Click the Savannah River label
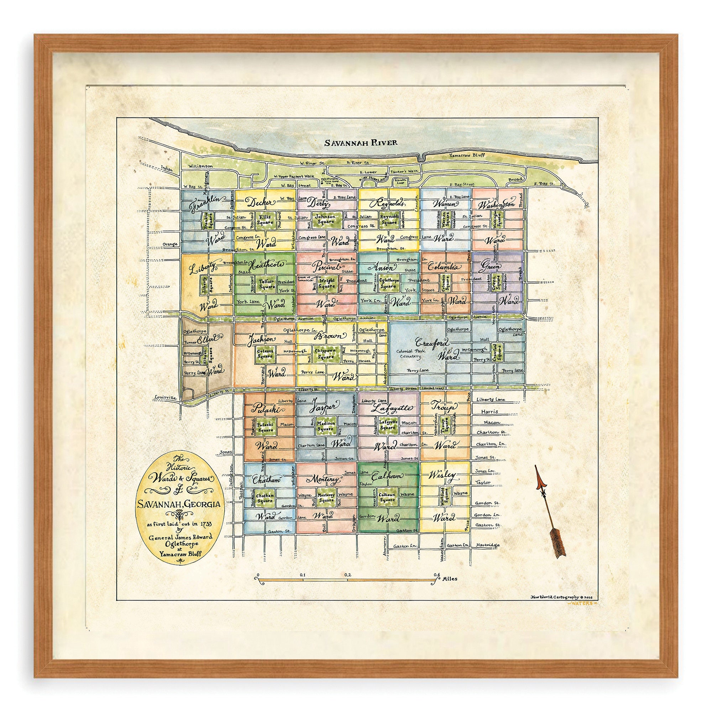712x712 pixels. [361, 143]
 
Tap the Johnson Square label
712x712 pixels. [325, 219]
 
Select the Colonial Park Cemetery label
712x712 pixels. [410, 354]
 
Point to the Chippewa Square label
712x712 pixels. [325, 354]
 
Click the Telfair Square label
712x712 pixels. [267, 283]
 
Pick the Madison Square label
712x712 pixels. [325, 426]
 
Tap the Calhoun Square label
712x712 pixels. [387, 498]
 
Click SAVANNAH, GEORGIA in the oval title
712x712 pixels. [180, 504]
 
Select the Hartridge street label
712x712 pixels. [488, 545]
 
